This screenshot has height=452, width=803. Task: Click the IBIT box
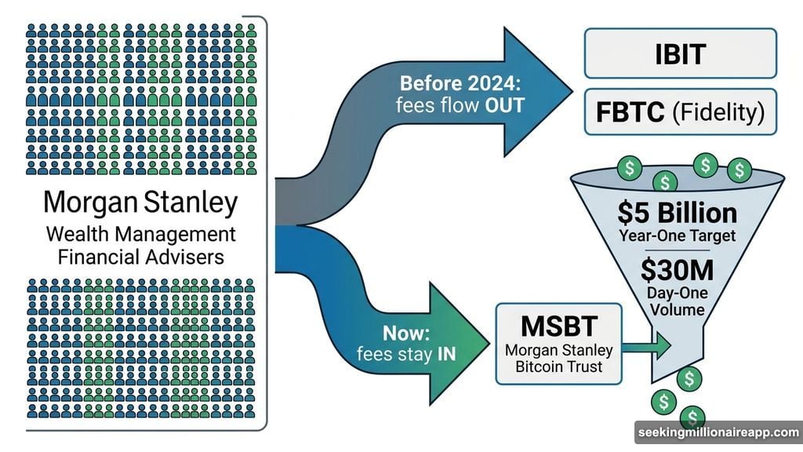[x=680, y=54]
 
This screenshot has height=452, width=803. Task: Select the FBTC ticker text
[x=627, y=112]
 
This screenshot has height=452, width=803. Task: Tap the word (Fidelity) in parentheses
[x=718, y=112]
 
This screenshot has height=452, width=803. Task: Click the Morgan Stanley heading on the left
[x=140, y=202]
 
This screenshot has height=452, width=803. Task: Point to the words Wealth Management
[x=140, y=234]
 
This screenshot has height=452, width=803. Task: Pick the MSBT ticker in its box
[x=558, y=324]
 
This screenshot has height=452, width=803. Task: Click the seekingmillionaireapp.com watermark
[x=717, y=433]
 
